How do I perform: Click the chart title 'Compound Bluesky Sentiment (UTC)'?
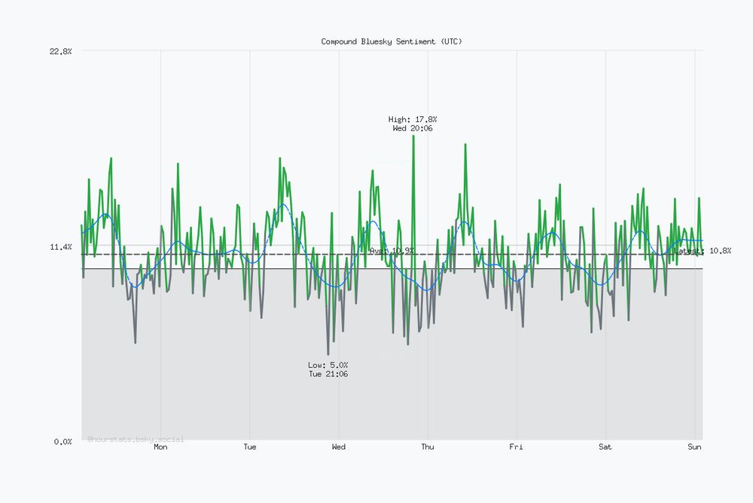click(392, 41)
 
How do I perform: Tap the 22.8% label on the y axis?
click(60, 51)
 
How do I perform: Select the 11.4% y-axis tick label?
click(60, 247)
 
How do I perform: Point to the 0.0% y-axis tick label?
click(62, 441)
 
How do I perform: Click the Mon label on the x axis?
click(160, 447)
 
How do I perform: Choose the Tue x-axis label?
click(250, 447)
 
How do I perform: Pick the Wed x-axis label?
click(339, 447)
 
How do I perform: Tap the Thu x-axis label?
click(428, 447)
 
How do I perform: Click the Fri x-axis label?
click(517, 447)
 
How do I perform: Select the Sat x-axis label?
click(605, 447)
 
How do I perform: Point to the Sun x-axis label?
click(694, 447)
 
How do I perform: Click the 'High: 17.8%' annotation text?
click(413, 119)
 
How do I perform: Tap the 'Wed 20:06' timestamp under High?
click(413, 128)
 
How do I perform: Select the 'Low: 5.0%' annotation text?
click(328, 365)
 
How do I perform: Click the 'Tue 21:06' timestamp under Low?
click(328, 374)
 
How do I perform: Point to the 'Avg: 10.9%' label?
click(392, 250)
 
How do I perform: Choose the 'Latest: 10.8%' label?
click(703, 250)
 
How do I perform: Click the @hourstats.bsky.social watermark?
click(136, 439)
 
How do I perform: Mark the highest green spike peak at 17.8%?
click(413, 136)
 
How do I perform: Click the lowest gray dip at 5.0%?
click(328, 354)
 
